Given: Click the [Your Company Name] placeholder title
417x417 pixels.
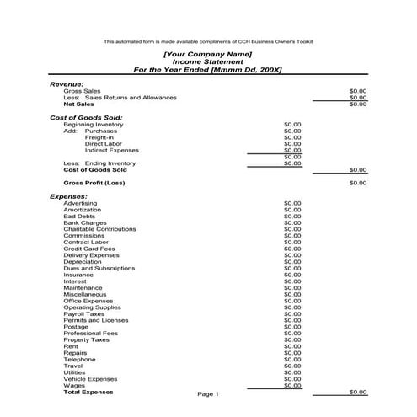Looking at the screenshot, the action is coord(207,54).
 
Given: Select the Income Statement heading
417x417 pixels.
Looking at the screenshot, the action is coord(207,61).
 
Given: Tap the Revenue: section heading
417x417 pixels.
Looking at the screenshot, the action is coord(67,83).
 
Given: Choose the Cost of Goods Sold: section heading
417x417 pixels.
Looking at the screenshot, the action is coord(87,117).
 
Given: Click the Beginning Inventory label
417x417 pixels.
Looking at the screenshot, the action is coord(94,125).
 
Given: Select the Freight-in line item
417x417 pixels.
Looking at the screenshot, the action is coord(99,137).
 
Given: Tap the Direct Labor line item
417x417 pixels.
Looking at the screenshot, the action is coord(104,144).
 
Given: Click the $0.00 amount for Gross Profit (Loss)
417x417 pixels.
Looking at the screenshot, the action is coord(357,183).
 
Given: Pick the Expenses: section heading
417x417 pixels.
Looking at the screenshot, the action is coord(69,196).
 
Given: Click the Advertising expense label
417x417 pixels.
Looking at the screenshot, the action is coord(81,203).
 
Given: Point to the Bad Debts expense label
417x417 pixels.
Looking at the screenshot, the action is coord(79,217).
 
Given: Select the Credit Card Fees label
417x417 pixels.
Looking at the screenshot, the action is coord(89,249).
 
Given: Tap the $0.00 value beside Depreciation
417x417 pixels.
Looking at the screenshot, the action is coord(292,262).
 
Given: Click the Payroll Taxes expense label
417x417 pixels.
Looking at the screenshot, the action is coord(84,314).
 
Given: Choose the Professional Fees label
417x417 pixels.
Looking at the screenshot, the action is coord(91,334).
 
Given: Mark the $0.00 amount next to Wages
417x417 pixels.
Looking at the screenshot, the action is coord(292,386).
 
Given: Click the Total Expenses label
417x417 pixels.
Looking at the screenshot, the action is coord(88,393).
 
